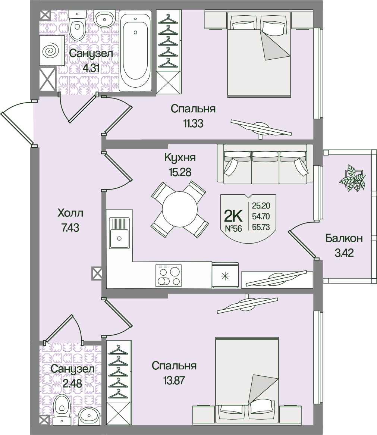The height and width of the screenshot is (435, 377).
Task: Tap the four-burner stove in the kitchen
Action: (169, 275)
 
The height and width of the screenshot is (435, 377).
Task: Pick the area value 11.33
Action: (193, 124)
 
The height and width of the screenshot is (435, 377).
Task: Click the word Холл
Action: (70, 214)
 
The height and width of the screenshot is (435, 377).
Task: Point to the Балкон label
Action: (344, 238)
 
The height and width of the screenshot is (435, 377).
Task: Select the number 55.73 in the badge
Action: (261, 226)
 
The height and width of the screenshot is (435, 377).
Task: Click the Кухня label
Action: (180, 157)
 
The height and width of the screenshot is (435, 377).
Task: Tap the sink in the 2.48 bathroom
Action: (89, 415)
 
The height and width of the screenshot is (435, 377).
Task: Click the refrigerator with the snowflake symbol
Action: (225, 276)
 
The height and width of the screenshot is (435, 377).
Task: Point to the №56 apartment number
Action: (233, 229)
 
